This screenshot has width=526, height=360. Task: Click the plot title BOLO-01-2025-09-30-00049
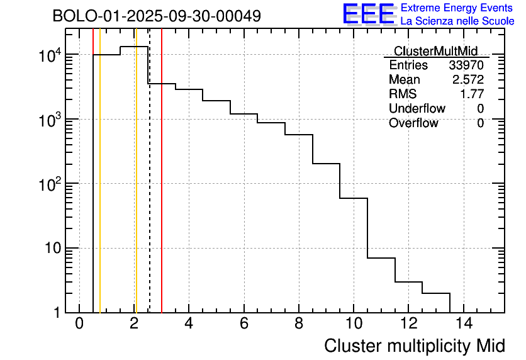point(157,16)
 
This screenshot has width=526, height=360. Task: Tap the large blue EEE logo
point(368,14)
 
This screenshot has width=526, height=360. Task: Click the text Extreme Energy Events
point(457,8)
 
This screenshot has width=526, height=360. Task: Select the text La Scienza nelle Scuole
point(457,21)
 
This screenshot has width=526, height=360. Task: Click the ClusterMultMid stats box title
point(435,51)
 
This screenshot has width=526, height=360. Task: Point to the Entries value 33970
point(466,65)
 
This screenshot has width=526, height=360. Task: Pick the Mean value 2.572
point(468,80)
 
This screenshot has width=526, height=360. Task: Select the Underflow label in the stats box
point(417,108)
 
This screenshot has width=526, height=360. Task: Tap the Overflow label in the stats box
point(413,123)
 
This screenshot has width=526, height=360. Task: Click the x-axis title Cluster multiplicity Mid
point(414,346)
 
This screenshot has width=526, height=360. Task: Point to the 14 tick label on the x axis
point(464,324)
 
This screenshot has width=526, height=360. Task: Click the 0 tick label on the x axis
point(79,324)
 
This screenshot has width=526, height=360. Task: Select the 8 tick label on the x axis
point(299,324)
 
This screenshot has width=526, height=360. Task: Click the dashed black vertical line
point(150,189)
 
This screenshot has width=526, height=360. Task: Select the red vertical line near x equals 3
point(162,189)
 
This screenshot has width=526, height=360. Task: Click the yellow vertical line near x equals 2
point(135,189)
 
